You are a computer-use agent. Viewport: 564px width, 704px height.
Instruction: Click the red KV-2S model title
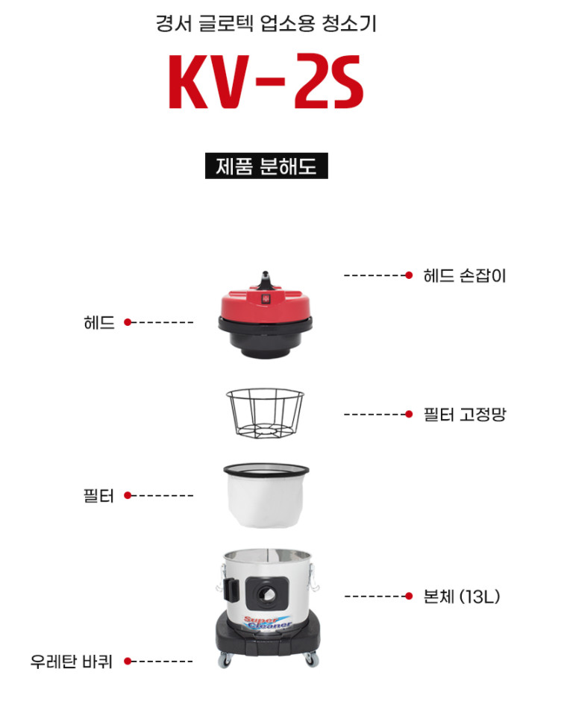(x=266, y=81)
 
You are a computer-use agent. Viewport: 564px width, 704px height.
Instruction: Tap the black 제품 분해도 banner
(x=266, y=166)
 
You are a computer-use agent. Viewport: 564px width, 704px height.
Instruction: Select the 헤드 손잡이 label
(x=465, y=275)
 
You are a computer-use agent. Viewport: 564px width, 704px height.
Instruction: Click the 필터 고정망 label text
(x=465, y=414)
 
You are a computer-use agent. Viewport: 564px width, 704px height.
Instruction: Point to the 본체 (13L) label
(x=462, y=597)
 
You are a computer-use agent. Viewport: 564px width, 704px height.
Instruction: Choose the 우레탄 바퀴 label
(x=71, y=661)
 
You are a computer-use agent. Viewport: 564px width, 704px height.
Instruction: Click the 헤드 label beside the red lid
(x=99, y=322)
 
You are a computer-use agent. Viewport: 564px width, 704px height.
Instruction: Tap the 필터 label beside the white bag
(x=98, y=496)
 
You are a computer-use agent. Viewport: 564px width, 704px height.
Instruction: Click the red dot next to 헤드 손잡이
(x=409, y=275)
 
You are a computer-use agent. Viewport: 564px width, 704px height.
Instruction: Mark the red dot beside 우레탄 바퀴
(x=128, y=661)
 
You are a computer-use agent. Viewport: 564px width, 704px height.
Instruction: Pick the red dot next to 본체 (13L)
(x=409, y=597)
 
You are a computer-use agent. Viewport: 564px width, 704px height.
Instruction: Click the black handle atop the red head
(x=266, y=280)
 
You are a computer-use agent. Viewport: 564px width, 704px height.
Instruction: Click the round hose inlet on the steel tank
(x=266, y=594)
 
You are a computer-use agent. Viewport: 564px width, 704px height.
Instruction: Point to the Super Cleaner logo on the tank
(x=268, y=622)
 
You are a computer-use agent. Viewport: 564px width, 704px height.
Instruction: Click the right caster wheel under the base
(x=311, y=659)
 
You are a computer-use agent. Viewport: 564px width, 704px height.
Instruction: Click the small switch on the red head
(x=265, y=298)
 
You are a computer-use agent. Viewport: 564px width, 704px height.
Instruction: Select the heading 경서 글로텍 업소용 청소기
(x=266, y=23)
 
